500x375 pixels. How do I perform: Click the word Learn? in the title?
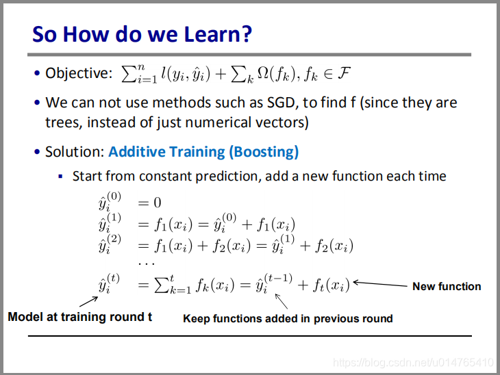pyautogui.click(x=218, y=34)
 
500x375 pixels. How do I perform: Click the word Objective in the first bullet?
pyautogui.click(x=77, y=73)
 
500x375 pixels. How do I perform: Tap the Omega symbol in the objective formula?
pyautogui.click(x=264, y=73)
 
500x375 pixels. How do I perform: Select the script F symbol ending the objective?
pyautogui.click(x=344, y=73)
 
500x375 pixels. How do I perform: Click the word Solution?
pyautogui.click(x=74, y=152)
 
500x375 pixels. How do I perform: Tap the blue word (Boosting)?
pyautogui.click(x=264, y=152)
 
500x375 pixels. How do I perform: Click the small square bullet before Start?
pyautogui.click(x=60, y=176)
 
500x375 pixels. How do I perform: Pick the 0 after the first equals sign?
pyautogui.click(x=158, y=203)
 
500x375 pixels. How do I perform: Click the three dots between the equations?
pyautogui.click(x=147, y=264)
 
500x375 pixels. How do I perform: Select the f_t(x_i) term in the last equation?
pyautogui.click(x=331, y=285)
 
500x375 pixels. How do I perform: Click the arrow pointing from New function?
pyautogui.click(x=380, y=284)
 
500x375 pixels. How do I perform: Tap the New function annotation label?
pyautogui.click(x=447, y=287)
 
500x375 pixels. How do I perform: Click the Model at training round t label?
pyautogui.click(x=79, y=317)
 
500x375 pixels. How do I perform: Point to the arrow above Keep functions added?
pyautogui.click(x=282, y=301)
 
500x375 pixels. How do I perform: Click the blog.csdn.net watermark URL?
pyautogui.click(x=413, y=363)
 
